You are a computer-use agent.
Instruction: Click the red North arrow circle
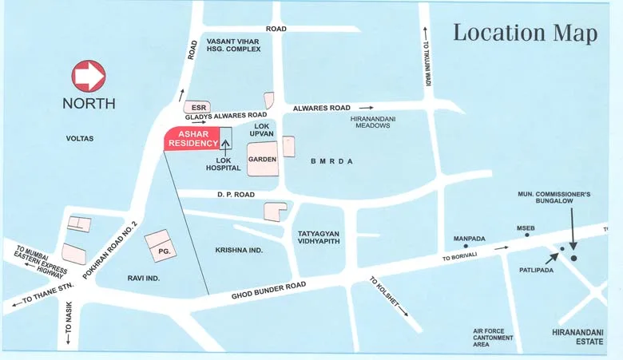89,77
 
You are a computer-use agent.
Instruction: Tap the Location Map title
526,33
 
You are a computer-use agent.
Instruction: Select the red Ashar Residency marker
192,139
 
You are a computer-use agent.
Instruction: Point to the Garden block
262,159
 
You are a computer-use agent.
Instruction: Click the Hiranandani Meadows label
371,121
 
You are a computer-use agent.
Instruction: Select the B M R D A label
331,161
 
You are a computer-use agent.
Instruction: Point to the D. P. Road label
235,194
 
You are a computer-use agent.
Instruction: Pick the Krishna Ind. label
239,250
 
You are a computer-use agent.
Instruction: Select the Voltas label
80,139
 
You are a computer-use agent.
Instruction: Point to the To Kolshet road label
385,288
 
